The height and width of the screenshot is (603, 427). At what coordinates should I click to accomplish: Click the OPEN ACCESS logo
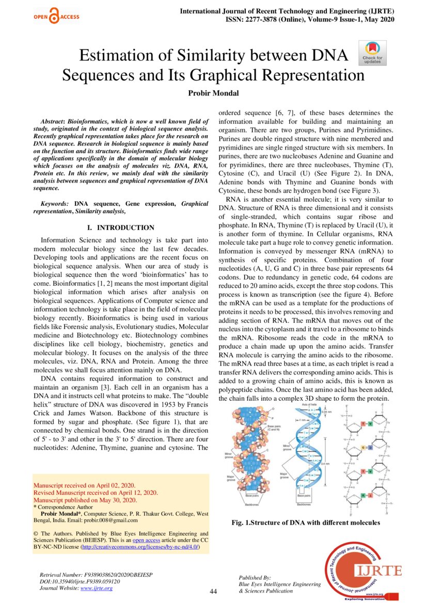56,17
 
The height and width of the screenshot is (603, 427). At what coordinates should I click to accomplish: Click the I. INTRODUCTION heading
121,227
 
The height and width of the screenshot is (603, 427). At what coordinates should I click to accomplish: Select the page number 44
213,591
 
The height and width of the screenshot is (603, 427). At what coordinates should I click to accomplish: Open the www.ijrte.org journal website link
97,588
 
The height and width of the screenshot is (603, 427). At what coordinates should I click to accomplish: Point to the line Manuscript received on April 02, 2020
84,485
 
